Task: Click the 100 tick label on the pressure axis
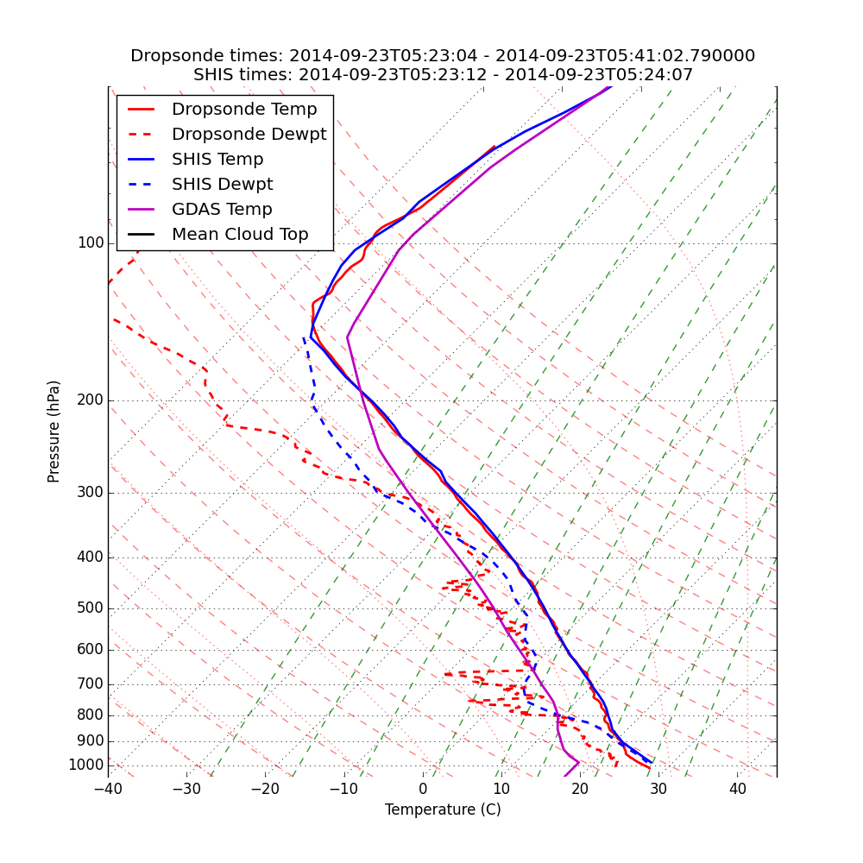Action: [x=90, y=243]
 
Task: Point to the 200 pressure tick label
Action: [x=90, y=400]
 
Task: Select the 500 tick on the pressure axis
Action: [x=90, y=608]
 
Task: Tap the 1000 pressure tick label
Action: [x=85, y=765]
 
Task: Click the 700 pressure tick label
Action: [x=90, y=684]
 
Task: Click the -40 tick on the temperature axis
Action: [x=108, y=790]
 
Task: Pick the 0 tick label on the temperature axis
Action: [x=423, y=790]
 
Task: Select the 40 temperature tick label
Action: [x=737, y=790]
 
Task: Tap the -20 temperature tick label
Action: [x=265, y=790]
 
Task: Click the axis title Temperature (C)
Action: [x=443, y=809]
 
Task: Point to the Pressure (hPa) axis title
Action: [x=54, y=431]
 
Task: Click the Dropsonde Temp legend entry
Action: [x=244, y=110]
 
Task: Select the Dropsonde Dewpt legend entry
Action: [x=249, y=135]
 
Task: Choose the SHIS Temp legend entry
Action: [x=217, y=160]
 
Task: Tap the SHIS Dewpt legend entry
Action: [x=222, y=185]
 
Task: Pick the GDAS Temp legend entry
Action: [x=222, y=210]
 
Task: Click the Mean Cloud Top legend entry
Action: [x=240, y=235]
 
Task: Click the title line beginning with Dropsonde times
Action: [x=443, y=56]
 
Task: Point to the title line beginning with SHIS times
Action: [x=443, y=75]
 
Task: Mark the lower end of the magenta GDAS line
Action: [x=564, y=776]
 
